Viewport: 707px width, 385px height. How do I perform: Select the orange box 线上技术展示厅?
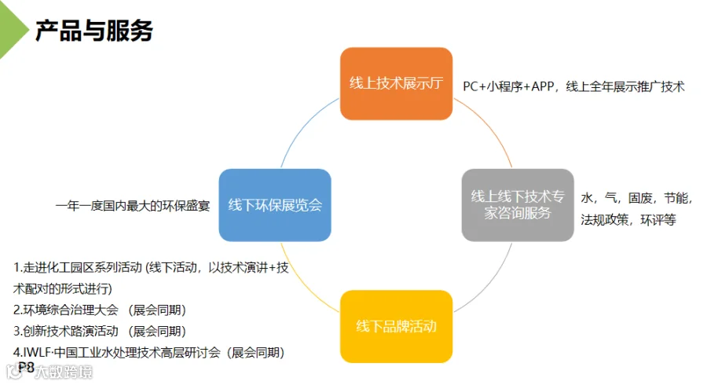397,83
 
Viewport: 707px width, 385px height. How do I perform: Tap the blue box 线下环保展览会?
275,205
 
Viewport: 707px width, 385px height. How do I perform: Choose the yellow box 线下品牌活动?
396,326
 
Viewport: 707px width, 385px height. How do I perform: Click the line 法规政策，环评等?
628,220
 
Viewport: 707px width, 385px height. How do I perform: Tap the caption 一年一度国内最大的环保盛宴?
132,206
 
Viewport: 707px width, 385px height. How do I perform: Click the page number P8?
26,367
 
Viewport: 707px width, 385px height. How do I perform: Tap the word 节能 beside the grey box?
677,197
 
